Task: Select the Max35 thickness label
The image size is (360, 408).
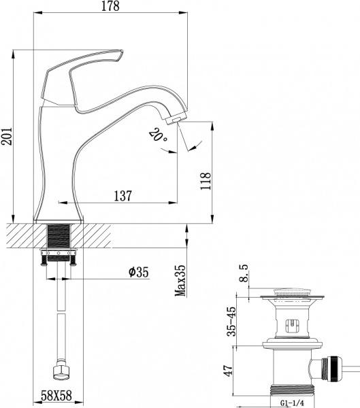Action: (180, 279)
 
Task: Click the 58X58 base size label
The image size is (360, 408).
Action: (58, 395)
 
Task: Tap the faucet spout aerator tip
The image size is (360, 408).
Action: (175, 119)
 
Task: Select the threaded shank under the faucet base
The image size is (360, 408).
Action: (59, 238)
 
